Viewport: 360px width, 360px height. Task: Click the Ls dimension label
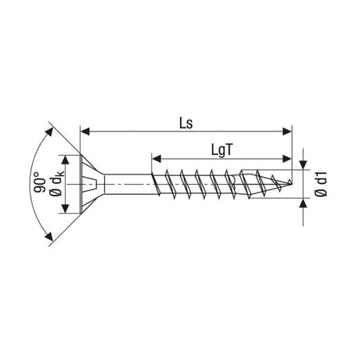point(186,123)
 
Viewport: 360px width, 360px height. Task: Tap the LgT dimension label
point(221,150)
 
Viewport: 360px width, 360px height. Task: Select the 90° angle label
point(40,182)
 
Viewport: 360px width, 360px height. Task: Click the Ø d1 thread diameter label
point(321,183)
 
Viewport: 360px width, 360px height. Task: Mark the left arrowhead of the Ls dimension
point(85,131)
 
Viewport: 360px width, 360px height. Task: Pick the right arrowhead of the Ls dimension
point(286,131)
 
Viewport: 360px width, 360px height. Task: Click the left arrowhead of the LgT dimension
point(157,158)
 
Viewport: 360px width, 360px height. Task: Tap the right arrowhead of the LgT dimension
point(286,158)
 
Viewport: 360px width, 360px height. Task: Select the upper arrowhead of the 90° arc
point(49,132)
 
